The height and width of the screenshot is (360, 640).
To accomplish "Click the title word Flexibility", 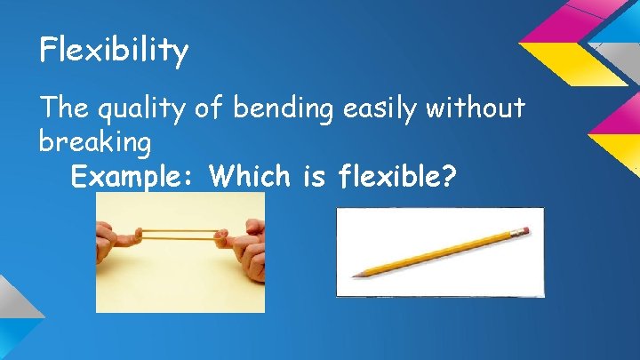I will [114, 51].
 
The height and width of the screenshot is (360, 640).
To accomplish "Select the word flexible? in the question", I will [395, 176].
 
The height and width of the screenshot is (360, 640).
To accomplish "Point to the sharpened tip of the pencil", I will [355, 275].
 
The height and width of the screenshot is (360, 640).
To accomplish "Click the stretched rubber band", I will [178, 236].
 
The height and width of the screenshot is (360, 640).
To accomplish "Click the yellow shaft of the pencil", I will [436, 252].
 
